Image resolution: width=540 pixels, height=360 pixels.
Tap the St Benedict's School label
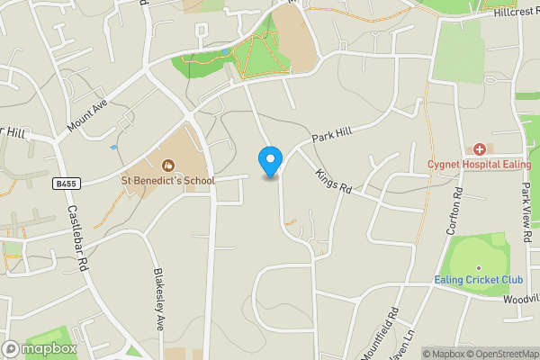[168, 181]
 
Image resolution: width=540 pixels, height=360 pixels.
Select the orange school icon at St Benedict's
[167, 165]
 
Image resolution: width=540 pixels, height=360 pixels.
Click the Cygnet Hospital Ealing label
[480, 165]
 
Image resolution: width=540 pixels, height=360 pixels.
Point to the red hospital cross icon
[480, 148]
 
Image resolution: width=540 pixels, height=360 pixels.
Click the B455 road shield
[63, 183]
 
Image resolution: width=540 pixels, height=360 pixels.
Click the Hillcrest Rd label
[516, 13]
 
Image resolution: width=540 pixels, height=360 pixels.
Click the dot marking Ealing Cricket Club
[479, 267]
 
